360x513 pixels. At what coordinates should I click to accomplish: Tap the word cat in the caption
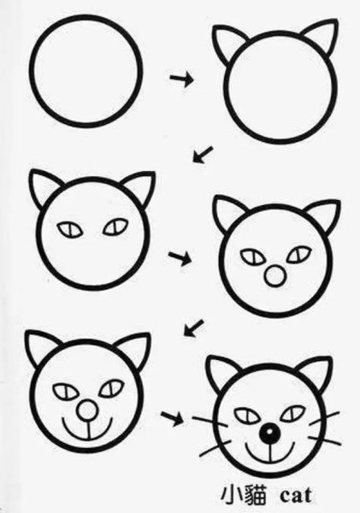[295, 494]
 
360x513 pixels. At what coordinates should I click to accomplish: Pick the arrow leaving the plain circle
[182, 79]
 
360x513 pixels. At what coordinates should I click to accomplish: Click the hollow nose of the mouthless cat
[274, 276]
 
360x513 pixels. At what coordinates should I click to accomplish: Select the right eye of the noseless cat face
[115, 227]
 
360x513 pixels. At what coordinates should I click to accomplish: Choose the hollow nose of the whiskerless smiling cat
[85, 412]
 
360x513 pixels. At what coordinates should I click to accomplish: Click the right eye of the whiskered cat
[293, 413]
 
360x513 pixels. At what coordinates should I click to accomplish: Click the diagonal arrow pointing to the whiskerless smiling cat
[196, 326]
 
